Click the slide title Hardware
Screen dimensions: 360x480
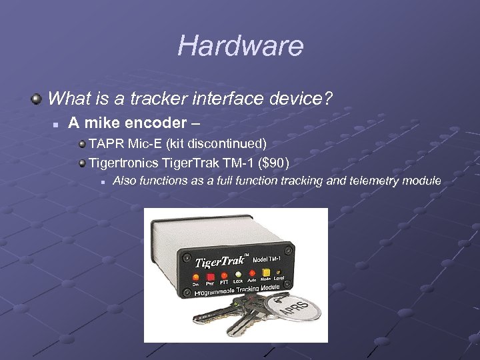240,46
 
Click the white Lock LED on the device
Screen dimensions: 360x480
237,273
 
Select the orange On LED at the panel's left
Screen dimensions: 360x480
195,277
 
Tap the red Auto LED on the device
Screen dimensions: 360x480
252,272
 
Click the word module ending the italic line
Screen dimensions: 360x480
424,181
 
